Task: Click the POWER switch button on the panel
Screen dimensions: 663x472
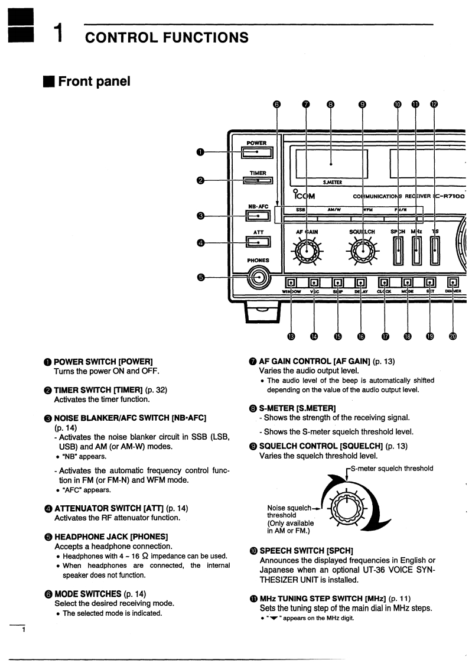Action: click(x=257, y=152)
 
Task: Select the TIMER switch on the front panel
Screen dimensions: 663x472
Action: click(x=257, y=181)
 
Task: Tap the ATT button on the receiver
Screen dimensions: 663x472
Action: click(x=257, y=241)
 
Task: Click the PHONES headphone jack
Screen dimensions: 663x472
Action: click(x=258, y=277)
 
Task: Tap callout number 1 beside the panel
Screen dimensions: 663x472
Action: click(x=201, y=152)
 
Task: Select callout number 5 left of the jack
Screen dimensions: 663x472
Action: click(x=201, y=277)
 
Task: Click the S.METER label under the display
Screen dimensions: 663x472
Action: click(x=332, y=183)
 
